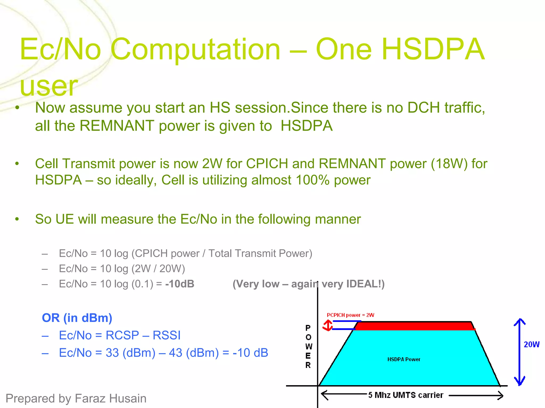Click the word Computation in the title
(196, 50)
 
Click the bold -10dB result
(180, 284)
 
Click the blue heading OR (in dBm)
(77, 318)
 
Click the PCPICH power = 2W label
(350, 315)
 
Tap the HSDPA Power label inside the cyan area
(403, 359)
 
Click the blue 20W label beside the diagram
(531, 345)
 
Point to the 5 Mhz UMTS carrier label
(406, 395)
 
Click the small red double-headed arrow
(328, 325)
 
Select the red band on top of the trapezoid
(415, 326)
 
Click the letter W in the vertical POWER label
(308, 347)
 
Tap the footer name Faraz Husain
(110, 398)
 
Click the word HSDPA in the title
(433, 50)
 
